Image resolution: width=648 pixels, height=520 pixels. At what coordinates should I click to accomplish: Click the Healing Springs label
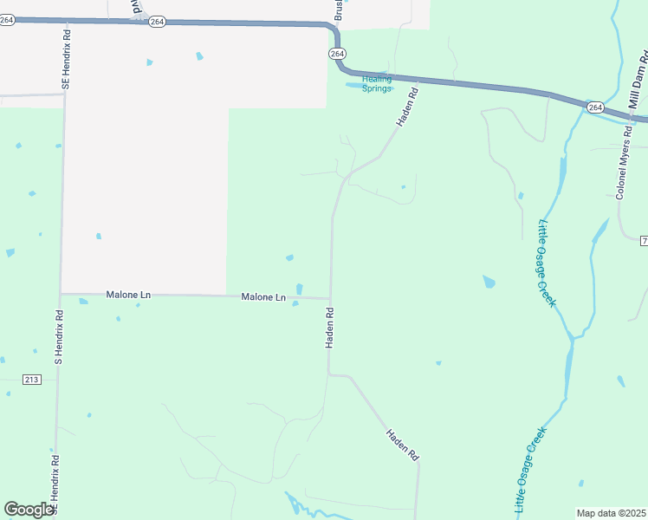tap(377, 83)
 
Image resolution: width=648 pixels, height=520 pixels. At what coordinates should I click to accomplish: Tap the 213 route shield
tap(32, 379)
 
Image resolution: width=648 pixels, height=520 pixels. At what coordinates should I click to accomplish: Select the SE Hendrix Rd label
tap(66, 59)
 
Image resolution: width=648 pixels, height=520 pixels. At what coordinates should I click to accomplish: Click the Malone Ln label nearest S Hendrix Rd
tap(128, 296)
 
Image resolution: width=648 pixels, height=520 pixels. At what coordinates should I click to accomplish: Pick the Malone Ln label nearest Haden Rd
tap(263, 297)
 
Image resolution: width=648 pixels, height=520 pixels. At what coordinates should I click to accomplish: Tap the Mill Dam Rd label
tap(638, 79)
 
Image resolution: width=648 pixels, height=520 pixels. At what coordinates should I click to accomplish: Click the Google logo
tap(29, 510)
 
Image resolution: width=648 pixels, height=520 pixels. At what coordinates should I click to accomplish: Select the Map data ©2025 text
tap(611, 513)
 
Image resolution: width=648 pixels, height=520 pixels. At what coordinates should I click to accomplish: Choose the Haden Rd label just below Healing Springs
tap(407, 106)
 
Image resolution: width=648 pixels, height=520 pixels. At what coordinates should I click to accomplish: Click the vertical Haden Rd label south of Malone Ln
tap(330, 327)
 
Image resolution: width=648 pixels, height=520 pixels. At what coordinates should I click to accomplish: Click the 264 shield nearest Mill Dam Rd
tap(594, 107)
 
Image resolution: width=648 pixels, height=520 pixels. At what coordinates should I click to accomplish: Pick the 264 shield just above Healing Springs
tap(337, 54)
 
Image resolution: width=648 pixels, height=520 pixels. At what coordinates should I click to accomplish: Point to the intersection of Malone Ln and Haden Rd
tap(330, 298)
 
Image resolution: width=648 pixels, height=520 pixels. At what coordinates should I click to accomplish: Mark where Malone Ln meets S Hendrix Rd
tap(60, 294)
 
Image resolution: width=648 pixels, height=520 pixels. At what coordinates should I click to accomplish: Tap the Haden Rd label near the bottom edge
tap(403, 444)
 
